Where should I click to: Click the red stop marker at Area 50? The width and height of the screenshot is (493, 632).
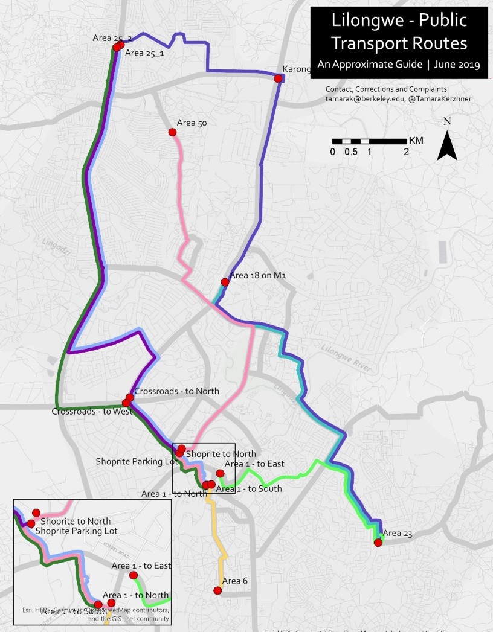(x=172, y=132)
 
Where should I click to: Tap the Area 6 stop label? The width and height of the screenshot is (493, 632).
(x=235, y=581)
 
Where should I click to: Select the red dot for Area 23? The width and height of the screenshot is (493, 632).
(x=378, y=543)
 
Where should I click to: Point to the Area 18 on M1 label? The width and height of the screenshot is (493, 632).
(x=257, y=275)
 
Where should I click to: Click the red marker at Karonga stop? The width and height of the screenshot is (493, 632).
(x=279, y=78)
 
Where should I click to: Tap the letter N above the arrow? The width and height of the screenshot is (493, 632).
(x=447, y=121)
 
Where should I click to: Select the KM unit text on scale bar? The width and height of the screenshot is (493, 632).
(x=416, y=141)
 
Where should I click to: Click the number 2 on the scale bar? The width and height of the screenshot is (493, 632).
(x=407, y=152)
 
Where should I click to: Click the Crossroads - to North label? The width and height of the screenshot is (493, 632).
(x=176, y=391)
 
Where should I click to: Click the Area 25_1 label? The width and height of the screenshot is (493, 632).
(x=145, y=53)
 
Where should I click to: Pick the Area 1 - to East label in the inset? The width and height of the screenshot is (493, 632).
(x=141, y=566)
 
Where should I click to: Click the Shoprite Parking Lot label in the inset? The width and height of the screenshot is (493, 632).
(x=76, y=531)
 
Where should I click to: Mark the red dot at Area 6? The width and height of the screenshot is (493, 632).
(x=217, y=590)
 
